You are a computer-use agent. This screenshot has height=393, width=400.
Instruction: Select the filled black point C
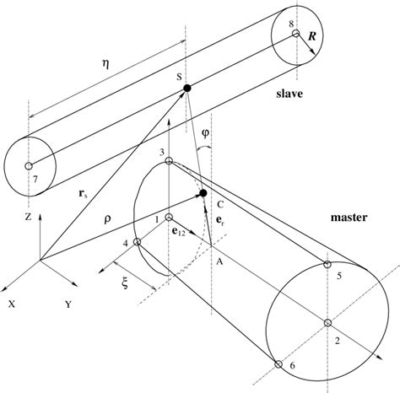[x=203, y=195]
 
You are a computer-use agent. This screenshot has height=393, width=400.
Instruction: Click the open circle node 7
[x=30, y=165]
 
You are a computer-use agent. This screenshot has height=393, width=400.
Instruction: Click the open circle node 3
[x=169, y=161]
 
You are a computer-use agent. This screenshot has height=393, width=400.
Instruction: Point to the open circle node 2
[x=327, y=322]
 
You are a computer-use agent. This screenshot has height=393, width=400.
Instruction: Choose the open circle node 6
[x=278, y=364]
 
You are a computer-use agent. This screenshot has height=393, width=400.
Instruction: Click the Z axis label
[x=29, y=217]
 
